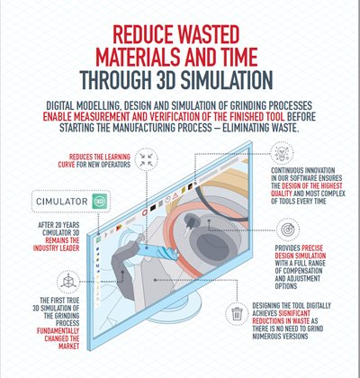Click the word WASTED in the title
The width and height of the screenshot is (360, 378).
coord(206,35)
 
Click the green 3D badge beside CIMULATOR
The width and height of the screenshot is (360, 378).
coord(98,202)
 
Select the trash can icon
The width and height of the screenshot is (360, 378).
coord(237,314)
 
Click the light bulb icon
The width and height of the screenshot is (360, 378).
coord(283,153)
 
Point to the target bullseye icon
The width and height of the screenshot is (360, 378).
coord(288,230)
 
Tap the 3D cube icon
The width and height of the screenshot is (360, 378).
coord(68,282)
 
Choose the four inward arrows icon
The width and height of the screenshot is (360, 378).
coord(146,159)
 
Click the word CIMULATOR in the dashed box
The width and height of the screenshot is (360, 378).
coord(62,202)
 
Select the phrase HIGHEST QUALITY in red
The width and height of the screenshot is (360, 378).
coord(306,190)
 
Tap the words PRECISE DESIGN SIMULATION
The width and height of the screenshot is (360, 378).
coord(301,252)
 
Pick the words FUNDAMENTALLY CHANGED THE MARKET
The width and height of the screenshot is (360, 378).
coord(58,338)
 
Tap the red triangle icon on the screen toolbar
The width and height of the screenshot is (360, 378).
coord(175,195)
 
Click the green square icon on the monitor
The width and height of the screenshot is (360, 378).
coord(98,239)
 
